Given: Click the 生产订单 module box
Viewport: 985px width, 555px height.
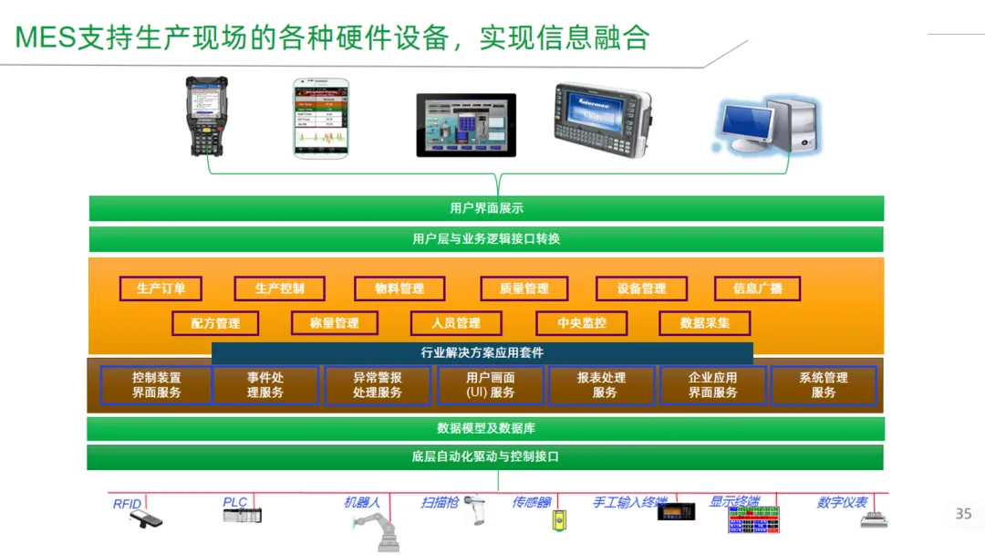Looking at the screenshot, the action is click(161, 288).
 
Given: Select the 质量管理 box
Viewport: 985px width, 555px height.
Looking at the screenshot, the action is click(524, 288).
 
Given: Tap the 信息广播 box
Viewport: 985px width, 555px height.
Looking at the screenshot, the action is click(757, 288).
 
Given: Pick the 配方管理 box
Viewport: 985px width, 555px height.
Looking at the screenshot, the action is click(215, 323).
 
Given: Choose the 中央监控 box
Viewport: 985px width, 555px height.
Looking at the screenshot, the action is click(582, 323).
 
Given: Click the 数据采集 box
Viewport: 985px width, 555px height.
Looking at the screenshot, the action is click(705, 323).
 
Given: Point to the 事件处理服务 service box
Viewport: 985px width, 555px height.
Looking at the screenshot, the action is click(265, 385).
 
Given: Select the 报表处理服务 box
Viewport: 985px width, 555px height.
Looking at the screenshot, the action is click(601, 385).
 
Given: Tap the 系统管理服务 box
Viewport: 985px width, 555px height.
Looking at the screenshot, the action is click(823, 385).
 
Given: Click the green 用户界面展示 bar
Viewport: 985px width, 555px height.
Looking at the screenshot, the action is click(486, 208).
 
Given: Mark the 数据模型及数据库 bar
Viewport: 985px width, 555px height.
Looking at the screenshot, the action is click(485, 428).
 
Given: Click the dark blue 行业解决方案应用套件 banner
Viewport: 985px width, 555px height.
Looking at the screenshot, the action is click(482, 353).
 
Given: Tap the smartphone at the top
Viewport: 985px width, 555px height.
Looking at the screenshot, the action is click(321, 118).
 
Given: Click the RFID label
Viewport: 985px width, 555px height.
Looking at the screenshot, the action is click(127, 504).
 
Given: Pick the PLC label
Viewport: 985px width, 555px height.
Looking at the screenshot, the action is click(235, 502).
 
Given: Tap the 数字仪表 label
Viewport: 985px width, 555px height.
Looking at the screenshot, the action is click(842, 502).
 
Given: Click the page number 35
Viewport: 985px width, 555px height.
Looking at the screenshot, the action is click(963, 514).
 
